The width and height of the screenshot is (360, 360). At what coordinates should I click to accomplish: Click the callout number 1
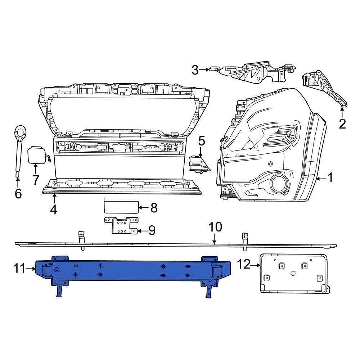(330, 177)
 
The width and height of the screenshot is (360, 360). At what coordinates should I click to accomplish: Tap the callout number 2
(342, 124)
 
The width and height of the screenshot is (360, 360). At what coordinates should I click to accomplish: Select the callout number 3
(195, 70)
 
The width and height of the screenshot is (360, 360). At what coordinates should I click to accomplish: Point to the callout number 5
(201, 141)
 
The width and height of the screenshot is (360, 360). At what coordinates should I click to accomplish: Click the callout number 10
(215, 228)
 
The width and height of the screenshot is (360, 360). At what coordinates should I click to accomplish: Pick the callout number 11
(20, 268)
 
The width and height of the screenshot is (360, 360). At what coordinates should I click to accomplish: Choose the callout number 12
(243, 265)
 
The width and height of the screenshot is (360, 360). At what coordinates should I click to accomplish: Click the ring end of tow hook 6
(20, 132)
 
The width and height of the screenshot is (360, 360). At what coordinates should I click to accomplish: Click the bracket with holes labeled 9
(120, 226)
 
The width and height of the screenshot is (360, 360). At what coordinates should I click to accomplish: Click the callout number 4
(54, 209)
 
